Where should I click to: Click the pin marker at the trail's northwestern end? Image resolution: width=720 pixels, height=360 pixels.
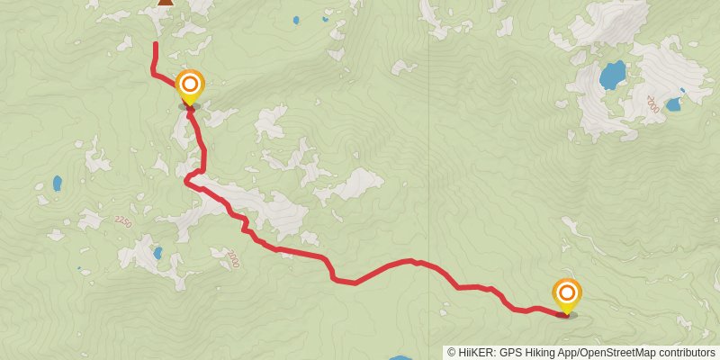click(189, 87)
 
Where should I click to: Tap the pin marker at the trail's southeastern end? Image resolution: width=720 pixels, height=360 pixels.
click(567, 295)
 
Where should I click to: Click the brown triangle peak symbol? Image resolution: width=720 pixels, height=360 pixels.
click(166, 2)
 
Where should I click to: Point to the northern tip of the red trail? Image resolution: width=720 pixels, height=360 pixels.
click(156, 44)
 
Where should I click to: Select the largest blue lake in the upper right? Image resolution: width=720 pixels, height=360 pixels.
click(613, 74)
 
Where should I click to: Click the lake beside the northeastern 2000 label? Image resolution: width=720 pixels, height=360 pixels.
click(672, 103)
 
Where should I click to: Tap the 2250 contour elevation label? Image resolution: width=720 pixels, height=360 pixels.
click(122, 221)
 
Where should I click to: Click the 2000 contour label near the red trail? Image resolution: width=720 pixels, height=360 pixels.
click(233, 258)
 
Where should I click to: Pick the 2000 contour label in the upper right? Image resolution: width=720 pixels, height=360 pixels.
click(652, 103)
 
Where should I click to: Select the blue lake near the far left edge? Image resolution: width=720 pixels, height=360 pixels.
click(58, 183)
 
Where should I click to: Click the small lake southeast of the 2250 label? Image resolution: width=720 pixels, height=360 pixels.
click(157, 254)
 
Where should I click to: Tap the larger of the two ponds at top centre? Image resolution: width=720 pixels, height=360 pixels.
click(296, 20)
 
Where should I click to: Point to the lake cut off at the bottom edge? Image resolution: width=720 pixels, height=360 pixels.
click(400, 357)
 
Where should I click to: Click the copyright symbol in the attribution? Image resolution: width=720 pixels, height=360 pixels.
click(452, 353)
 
